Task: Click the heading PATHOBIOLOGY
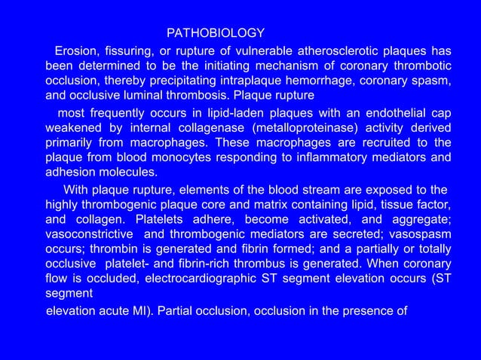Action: pos(215,33)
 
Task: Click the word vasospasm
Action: pos(423,234)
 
